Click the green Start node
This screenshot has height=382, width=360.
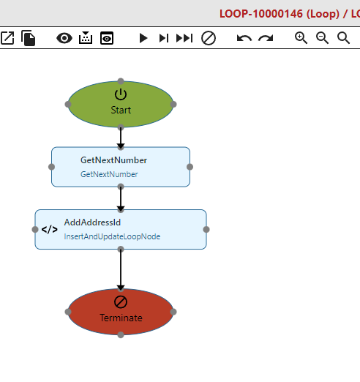(x=121, y=104)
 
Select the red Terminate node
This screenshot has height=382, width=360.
(x=121, y=312)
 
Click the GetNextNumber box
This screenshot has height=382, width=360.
(x=121, y=167)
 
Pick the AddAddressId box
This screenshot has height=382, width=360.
(x=121, y=229)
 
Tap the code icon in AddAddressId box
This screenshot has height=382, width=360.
(x=50, y=230)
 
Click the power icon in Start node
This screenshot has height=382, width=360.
(x=121, y=94)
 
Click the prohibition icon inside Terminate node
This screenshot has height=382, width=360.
(x=121, y=302)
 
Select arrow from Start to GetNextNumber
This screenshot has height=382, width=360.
(x=121, y=138)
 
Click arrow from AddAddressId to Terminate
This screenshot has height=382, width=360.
(x=121, y=269)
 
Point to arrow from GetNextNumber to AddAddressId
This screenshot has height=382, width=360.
(x=121, y=198)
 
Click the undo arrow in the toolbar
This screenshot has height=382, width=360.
(x=244, y=38)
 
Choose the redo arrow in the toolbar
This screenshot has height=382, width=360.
(x=266, y=38)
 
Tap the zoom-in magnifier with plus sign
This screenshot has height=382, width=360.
(x=301, y=38)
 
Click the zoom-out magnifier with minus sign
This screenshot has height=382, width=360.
(x=322, y=38)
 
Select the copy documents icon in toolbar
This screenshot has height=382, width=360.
(x=29, y=38)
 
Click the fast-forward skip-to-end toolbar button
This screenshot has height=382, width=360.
(x=184, y=38)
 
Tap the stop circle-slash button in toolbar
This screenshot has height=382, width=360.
(x=209, y=38)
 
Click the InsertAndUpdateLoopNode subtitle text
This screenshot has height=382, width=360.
(x=112, y=236)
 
